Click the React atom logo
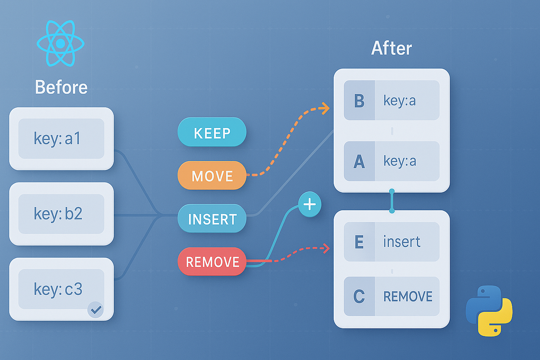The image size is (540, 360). (x=61, y=44)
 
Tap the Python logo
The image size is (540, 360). (x=489, y=311)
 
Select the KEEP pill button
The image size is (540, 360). (x=212, y=132)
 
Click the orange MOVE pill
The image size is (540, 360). (x=212, y=176)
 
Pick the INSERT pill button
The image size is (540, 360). (x=212, y=219)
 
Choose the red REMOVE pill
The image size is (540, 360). (x=212, y=262)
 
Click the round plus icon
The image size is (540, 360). (x=310, y=204)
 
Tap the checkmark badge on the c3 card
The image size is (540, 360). (x=95, y=309)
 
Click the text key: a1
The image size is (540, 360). (x=57, y=139)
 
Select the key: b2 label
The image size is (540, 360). (x=58, y=214)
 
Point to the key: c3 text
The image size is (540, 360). (x=58, y=289)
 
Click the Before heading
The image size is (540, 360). (x=61, y=87)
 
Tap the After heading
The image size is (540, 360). (x=391, y=48)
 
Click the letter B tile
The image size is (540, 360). (x=359, y=100)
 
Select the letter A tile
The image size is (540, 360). (x=359, y=161)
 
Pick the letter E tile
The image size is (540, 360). (x=359, y=242)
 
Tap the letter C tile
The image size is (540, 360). (x=359, y=296)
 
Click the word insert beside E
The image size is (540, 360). (x=402, y=242)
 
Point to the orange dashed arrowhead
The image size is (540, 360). (x=325, y=108)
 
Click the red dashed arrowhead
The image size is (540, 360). (x=326, y=248)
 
